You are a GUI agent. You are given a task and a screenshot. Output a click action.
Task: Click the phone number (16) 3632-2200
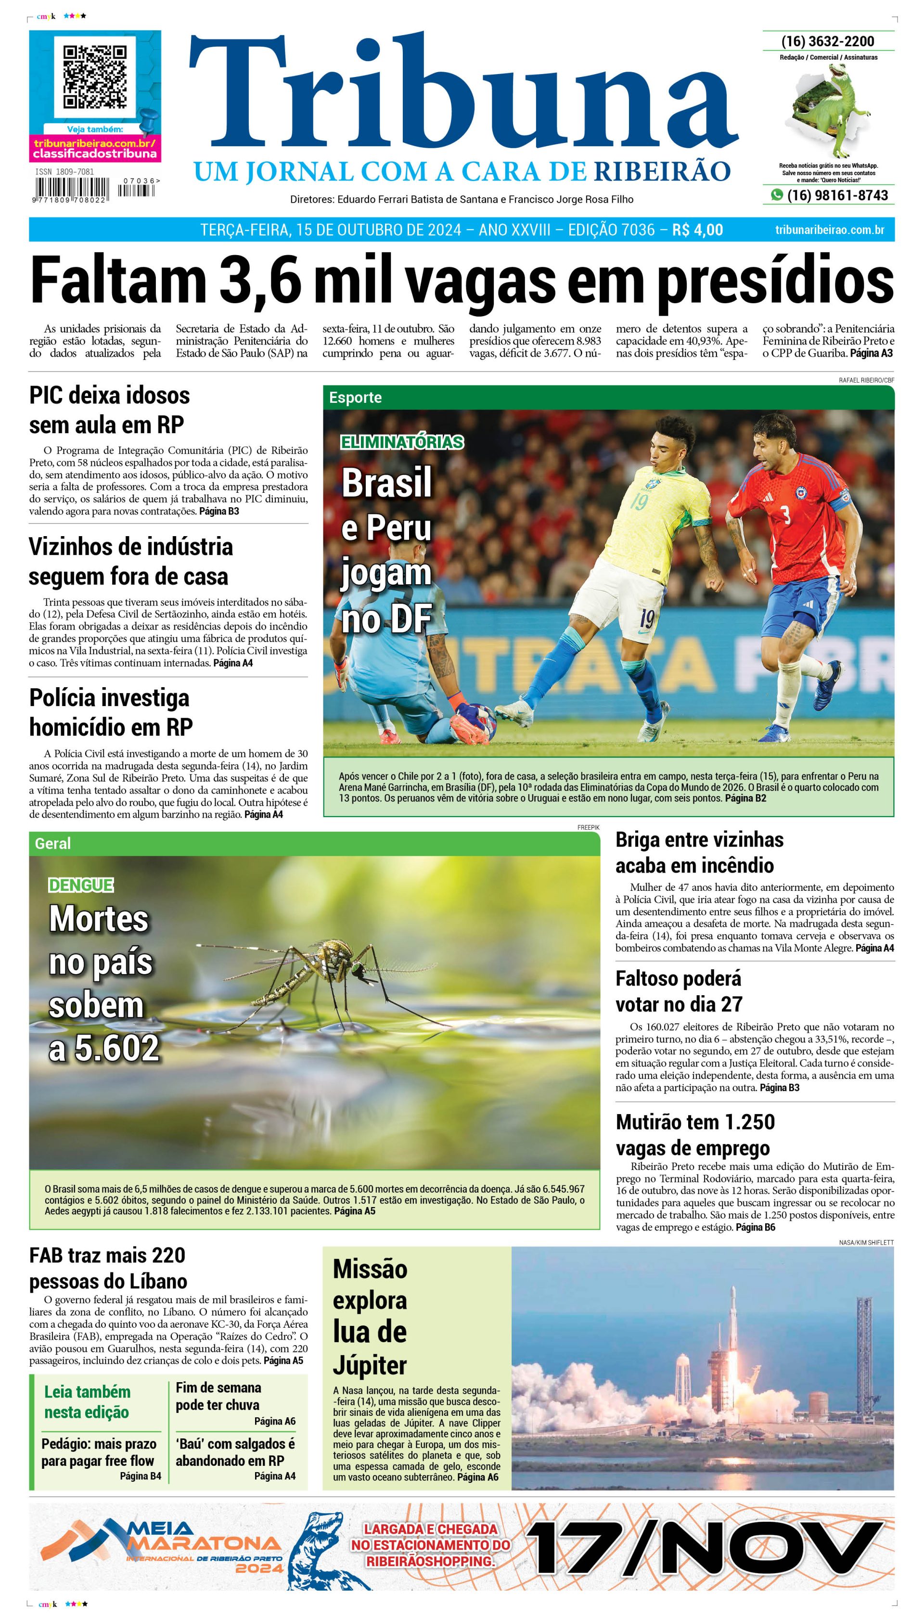[828, 41]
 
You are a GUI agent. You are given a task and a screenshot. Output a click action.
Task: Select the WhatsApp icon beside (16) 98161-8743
[776, 195]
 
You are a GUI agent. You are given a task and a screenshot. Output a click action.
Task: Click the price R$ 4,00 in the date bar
[697, 230]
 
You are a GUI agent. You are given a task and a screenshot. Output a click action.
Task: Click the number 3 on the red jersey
[786, 514]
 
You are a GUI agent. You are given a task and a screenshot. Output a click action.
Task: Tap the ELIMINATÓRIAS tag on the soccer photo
[402, 442]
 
